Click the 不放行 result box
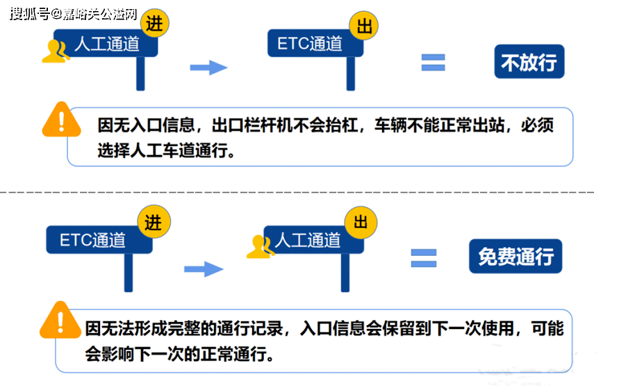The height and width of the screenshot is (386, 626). [x=529, y=61]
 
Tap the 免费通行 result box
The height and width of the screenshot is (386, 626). [x=516, y=256]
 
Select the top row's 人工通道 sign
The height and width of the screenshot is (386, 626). [x=106, y=43]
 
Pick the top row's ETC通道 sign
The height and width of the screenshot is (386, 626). [x=315, y=43]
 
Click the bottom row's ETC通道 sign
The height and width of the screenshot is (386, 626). [x=99, y=240]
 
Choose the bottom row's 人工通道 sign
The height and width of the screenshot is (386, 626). [x=314, y=240]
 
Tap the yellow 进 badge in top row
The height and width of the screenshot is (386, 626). [x=154, y=23]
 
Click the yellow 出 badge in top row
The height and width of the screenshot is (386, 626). [x=363, y=26]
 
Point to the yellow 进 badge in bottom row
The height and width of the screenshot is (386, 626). [x=154, y=222]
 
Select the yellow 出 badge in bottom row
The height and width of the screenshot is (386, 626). [x=361, y=222]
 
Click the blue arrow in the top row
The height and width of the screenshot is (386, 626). [x=209, y=67]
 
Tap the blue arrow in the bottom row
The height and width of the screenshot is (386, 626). [x=204, y=269]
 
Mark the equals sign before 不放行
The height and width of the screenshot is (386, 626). [x=433, y=63]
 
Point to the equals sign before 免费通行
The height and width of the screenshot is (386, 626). [x=424, y=258]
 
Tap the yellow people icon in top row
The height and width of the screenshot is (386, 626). [x=56, y=51]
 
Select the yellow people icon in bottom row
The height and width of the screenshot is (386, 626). [x=261, y=246]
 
